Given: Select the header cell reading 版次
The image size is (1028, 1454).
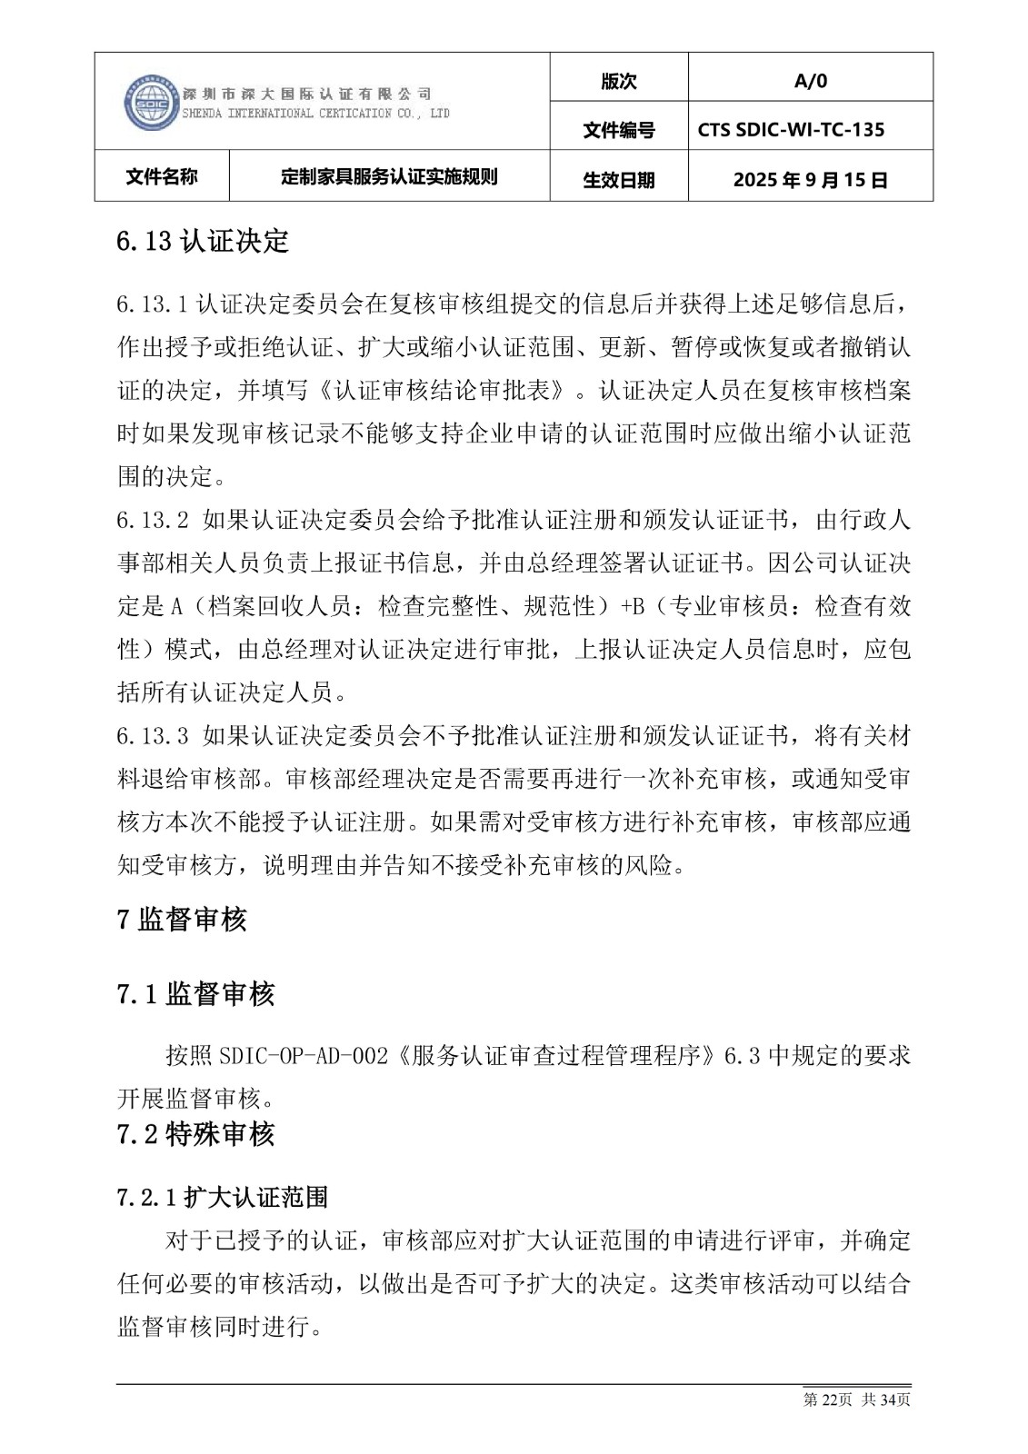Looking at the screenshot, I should coord(619,81).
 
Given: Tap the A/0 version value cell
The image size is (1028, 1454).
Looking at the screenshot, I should coord(810,81).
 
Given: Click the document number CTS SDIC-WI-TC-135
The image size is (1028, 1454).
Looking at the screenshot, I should coord(791,130).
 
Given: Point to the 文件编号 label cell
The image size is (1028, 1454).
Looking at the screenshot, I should coord(619,131).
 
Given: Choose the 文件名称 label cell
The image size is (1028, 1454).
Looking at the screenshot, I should coord(162,176).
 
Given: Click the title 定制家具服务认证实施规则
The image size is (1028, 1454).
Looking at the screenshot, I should coord(390,176).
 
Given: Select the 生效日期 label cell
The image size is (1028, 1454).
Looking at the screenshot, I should coord(619,180).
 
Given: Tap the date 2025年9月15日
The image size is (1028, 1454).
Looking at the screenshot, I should coord(810,180).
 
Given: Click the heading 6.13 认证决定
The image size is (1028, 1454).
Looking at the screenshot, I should coord(203,241).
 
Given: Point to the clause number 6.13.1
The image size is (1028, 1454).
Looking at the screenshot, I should coord(152,304).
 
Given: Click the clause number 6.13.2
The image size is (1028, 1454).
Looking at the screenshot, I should coord(152,521).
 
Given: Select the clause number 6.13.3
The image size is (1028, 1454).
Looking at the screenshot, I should coord(152,737).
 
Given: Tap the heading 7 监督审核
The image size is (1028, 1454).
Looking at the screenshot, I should coord(183,920).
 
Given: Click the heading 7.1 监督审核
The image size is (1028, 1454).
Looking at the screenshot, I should coord(195,994).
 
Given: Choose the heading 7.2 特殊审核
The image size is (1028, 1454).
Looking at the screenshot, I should coord(195,1134).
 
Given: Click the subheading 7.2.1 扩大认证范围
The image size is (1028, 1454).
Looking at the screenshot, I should coord(222,1197).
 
